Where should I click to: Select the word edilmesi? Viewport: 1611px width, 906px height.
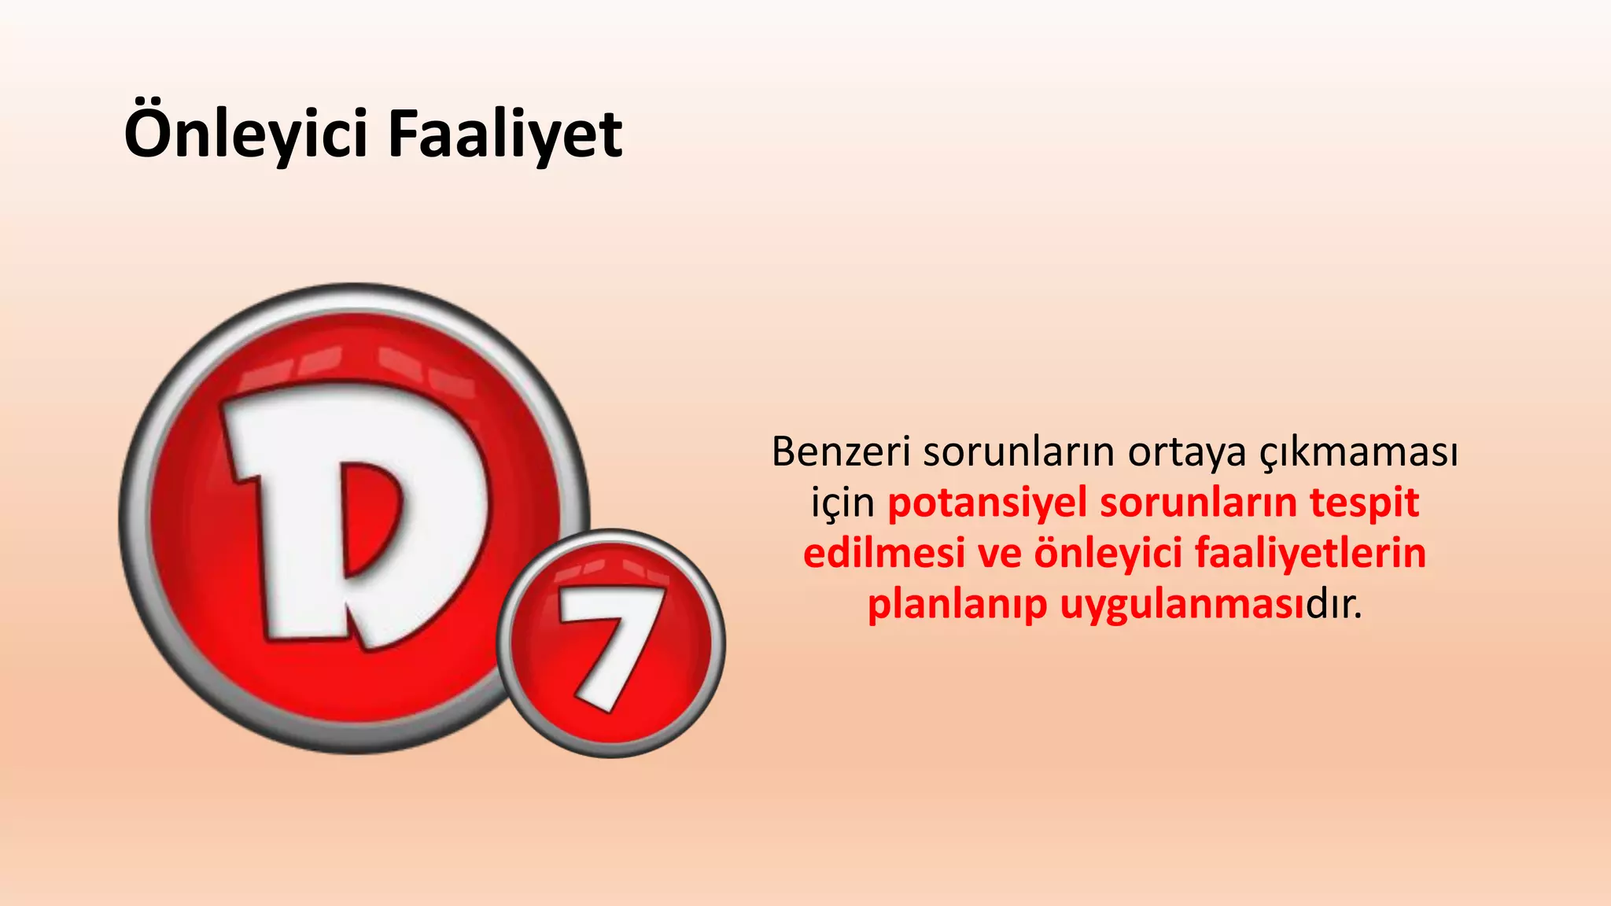pyautogui.click(x=883, y=554)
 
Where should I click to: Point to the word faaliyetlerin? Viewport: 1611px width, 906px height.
pyautogui.click(x=1311, y=554)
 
